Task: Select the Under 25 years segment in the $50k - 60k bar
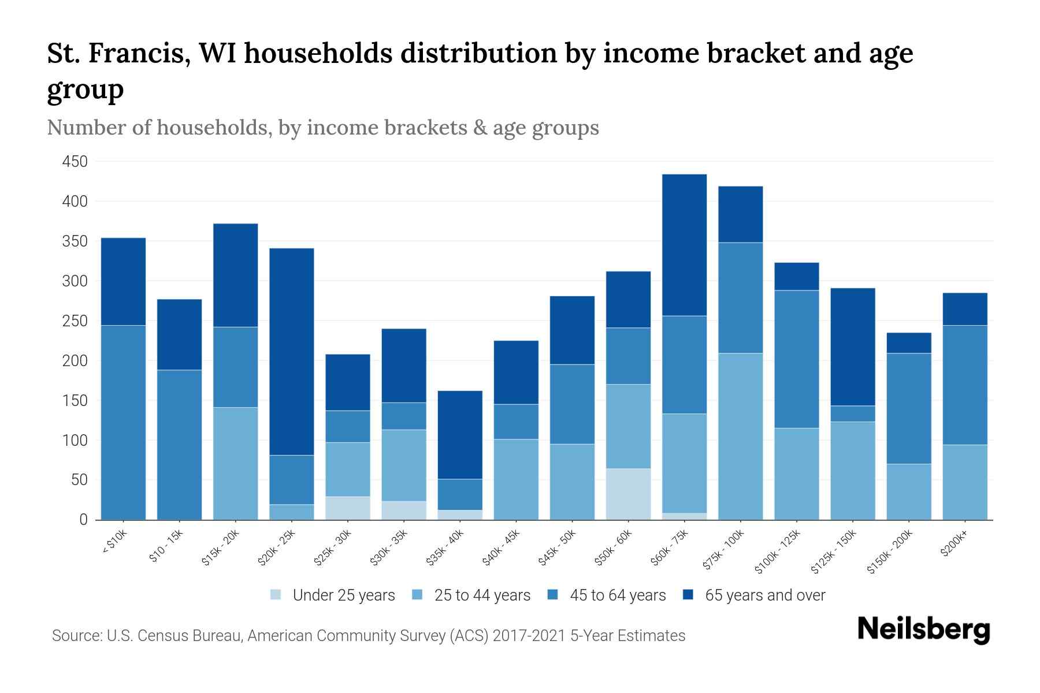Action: click(x=628, y=494)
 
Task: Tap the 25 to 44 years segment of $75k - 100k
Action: click(x=740, y=436)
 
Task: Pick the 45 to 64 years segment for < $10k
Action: click(x=123, y=422)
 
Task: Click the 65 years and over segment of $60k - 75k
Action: click(x=684, y=245)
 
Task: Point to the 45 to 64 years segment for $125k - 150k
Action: click(x=852, y=413)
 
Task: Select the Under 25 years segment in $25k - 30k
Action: click(x=348, y=508)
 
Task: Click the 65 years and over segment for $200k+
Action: click(x=964, y=309)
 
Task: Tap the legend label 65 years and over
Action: click(x=764, y=595)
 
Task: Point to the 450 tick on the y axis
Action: click(x=75, y=162)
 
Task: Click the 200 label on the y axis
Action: click(x=75, y=361)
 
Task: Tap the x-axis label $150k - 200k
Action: click(x=890, y=552)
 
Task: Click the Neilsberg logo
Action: click(x=923, y=629)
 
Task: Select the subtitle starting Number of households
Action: click(x=322, y=128)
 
